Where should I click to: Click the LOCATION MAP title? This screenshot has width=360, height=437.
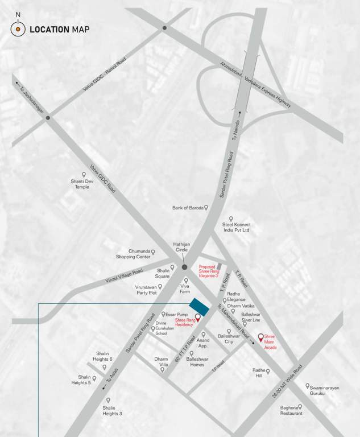pos(59,29)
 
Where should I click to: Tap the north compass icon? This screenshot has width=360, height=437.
pos(18,28)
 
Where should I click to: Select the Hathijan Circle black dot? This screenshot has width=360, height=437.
pos(184,266)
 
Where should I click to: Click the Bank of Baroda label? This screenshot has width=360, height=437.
pos(188,208)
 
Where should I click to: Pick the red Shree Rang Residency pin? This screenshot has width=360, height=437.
pos(198,317)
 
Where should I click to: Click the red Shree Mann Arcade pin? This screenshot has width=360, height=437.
pos(261,337)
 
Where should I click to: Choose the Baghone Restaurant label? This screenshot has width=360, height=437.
pos(291,410)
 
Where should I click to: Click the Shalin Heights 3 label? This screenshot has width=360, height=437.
pos(112,410)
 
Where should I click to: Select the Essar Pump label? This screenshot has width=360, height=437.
pos(176,314)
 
